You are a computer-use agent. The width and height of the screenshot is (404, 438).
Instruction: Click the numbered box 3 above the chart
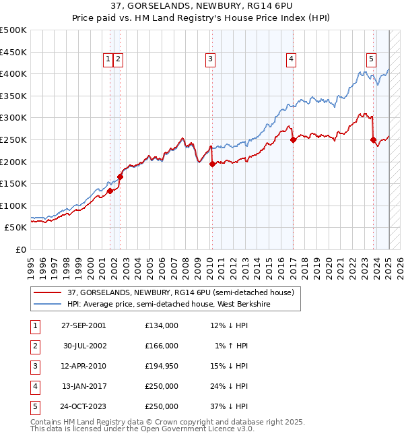pyautogui.click(x=211, y=59)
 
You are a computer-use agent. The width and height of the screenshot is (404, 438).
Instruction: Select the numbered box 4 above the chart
pyautogui.click(x=291, y=59)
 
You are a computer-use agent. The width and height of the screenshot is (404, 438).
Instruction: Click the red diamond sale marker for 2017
pyautogui.click(x=293, y=140)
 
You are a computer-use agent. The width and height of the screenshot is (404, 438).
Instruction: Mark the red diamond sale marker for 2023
pyautogui.click(x=373, y=140)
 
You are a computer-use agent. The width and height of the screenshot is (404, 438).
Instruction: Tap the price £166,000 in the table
pyautogui.click(x=162, y=346)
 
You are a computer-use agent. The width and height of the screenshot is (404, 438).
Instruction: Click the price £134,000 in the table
pyautogui.click(x=162, y=325)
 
